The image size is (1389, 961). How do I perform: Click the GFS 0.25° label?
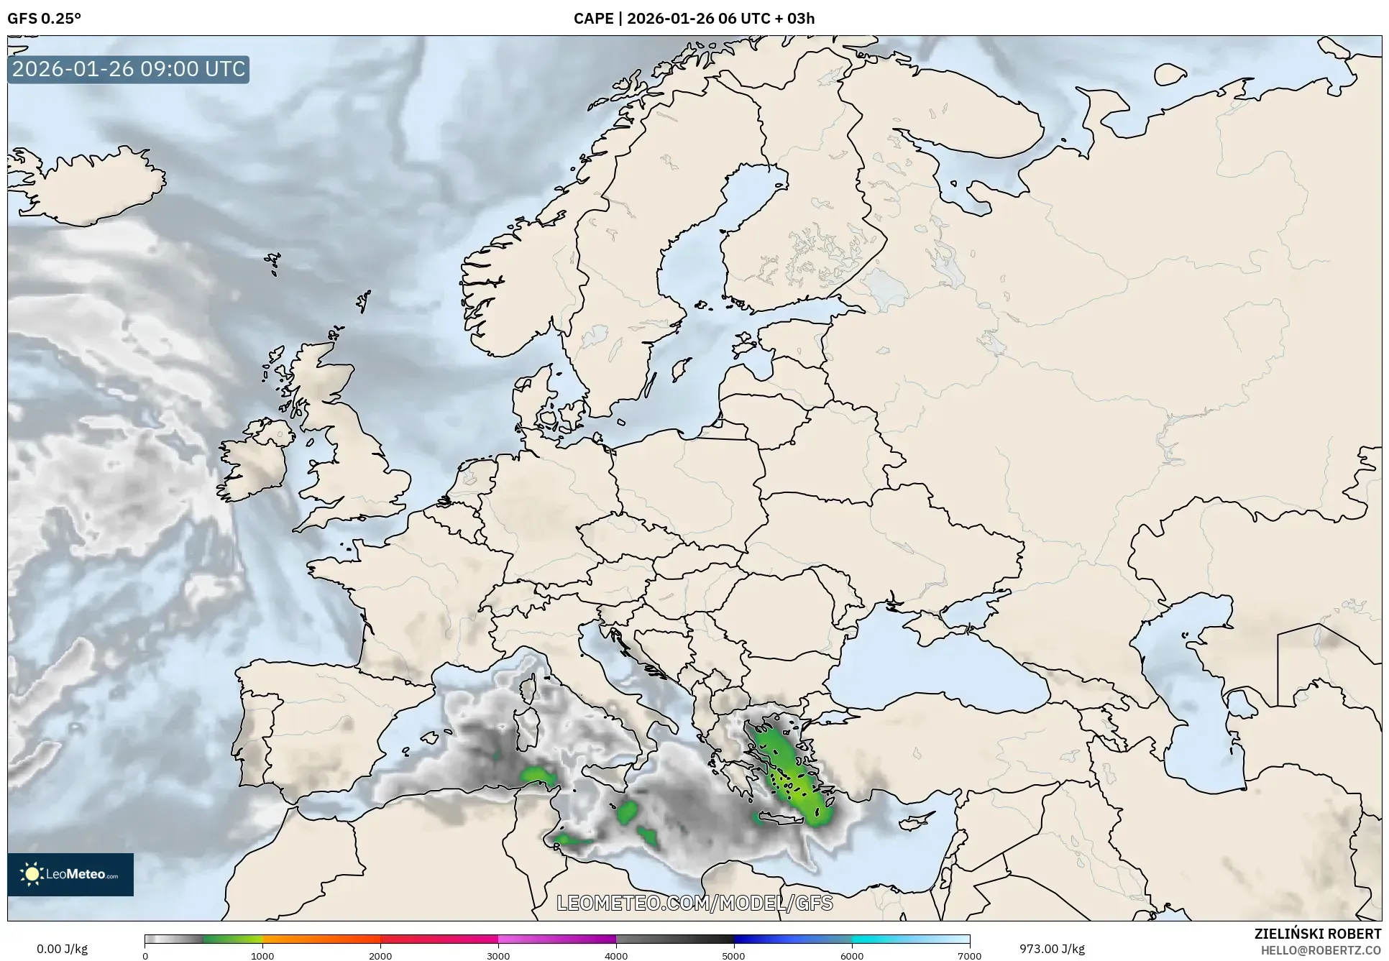44,19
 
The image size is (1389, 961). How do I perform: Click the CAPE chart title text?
694,19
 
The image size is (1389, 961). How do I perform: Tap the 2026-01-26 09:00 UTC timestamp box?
129,70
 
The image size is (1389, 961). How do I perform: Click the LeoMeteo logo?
70,874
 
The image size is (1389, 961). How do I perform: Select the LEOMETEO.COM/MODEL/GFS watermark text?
694,903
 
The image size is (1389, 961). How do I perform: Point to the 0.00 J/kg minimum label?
62,949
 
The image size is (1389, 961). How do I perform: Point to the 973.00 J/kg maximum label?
1052,949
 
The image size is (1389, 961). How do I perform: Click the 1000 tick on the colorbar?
262,955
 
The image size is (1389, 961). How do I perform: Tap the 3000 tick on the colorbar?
498,955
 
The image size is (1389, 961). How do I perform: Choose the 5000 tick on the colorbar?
734,955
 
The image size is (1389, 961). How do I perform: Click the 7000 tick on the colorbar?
969,955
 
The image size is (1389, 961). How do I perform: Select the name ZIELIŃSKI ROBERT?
1318,934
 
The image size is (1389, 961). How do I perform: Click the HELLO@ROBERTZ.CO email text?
1321,950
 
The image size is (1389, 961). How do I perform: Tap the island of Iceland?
90,183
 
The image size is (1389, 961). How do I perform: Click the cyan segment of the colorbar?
881,939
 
